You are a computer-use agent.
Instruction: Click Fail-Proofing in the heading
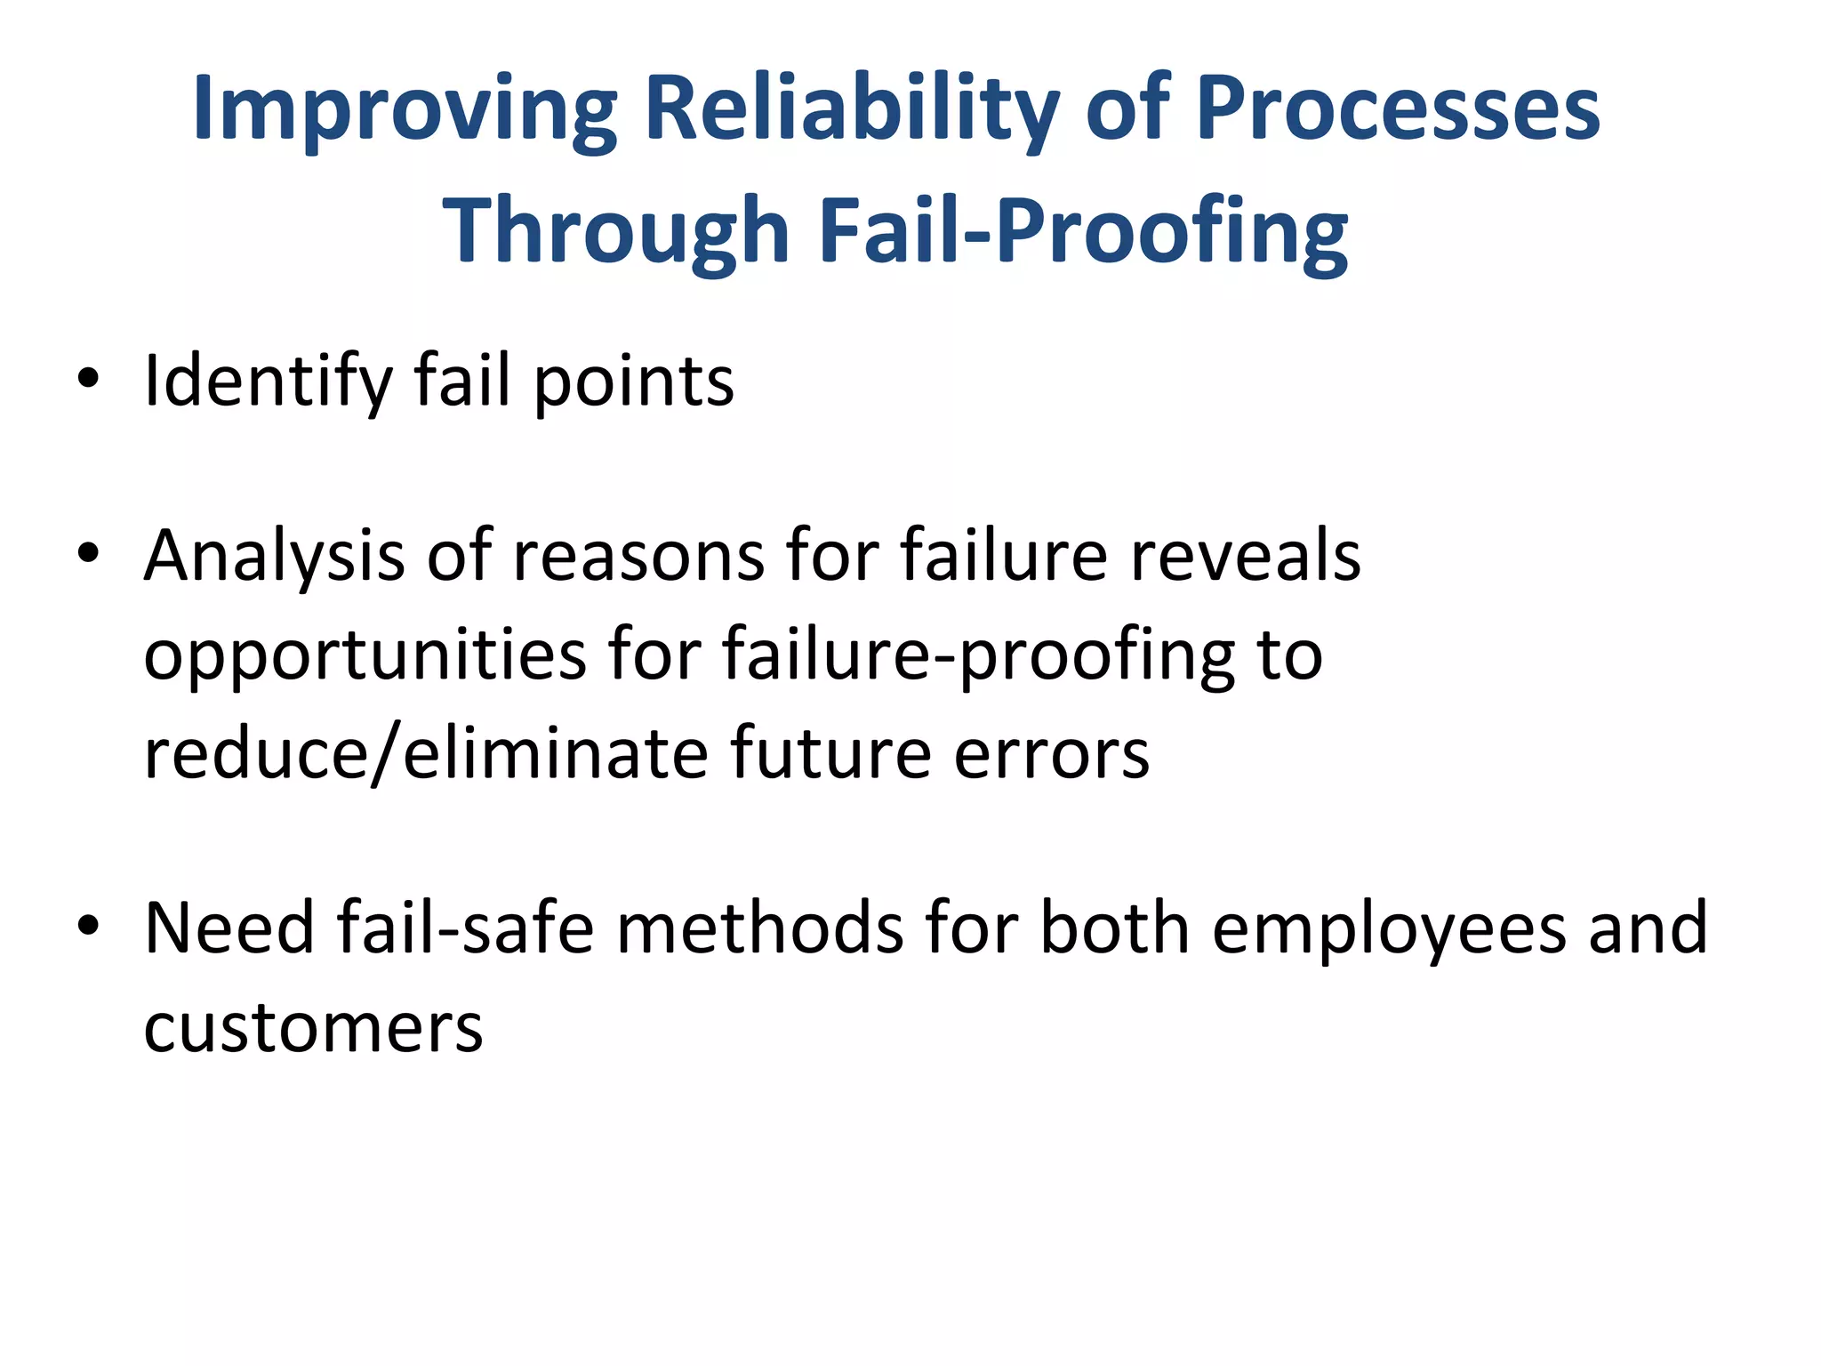click(x=1082, y=231)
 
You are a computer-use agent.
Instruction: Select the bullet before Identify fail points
click(x=87, y=381)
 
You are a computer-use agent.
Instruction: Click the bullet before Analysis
click(x=87, y=555)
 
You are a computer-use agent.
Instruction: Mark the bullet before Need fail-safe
click(x=87, y=928)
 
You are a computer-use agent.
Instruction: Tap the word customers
click(x=313, y=1028)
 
